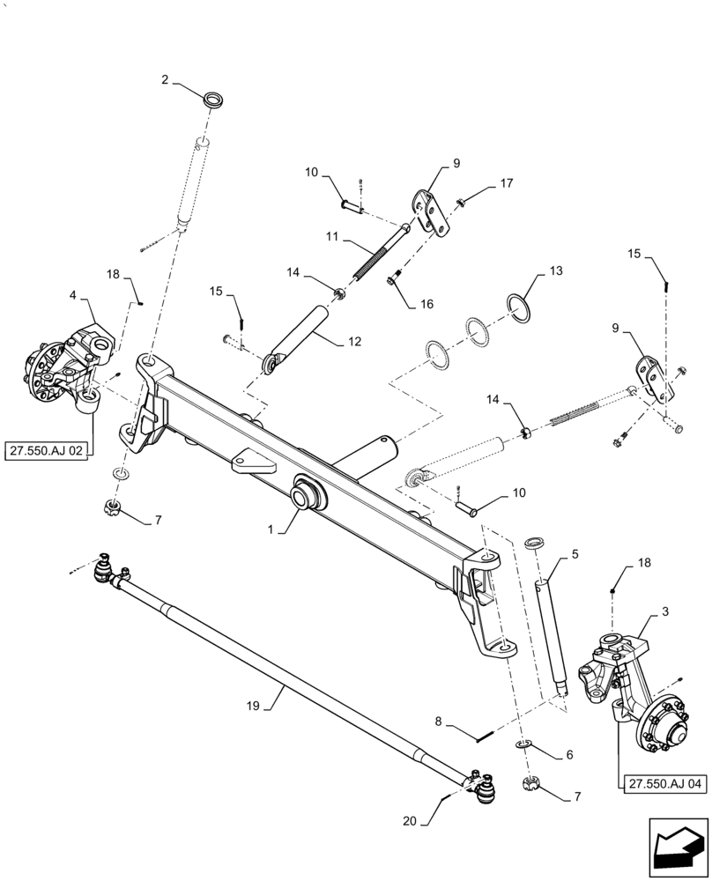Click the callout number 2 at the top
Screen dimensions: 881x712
click(165, 80)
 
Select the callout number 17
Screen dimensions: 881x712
click(506, 184)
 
